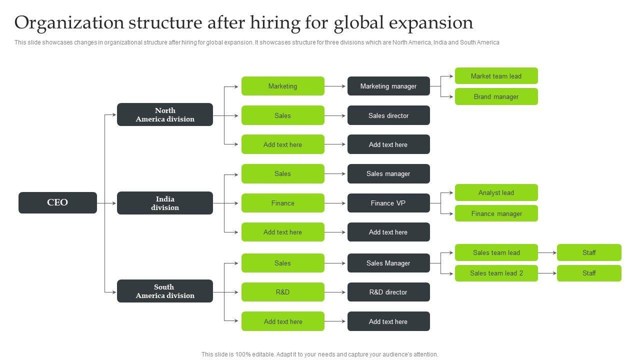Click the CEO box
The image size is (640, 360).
coord(57,202)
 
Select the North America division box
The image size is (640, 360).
coord(165,114)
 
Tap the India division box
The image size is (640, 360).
coord(165,203)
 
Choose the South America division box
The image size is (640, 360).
coord(165,291)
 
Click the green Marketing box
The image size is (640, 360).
coord(282,86)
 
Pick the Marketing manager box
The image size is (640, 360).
coord(388,86)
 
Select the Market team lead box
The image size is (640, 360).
coord(496,76)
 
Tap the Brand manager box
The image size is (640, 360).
coord(496,96)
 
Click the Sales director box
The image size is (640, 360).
coord(388,115)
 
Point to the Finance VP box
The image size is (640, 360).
coord(388,203)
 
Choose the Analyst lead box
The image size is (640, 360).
coord(496,192)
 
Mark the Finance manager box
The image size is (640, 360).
coord(496,213)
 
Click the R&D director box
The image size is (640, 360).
coord(388,292)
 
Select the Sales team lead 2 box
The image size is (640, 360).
coord(496,273)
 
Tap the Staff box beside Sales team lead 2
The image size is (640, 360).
coord(589,273)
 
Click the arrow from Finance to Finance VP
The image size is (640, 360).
coord(335,203)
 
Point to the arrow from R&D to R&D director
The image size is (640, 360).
coord(335,292)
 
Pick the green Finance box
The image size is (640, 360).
coord(282,203)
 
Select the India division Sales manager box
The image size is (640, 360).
coord(388,173)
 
